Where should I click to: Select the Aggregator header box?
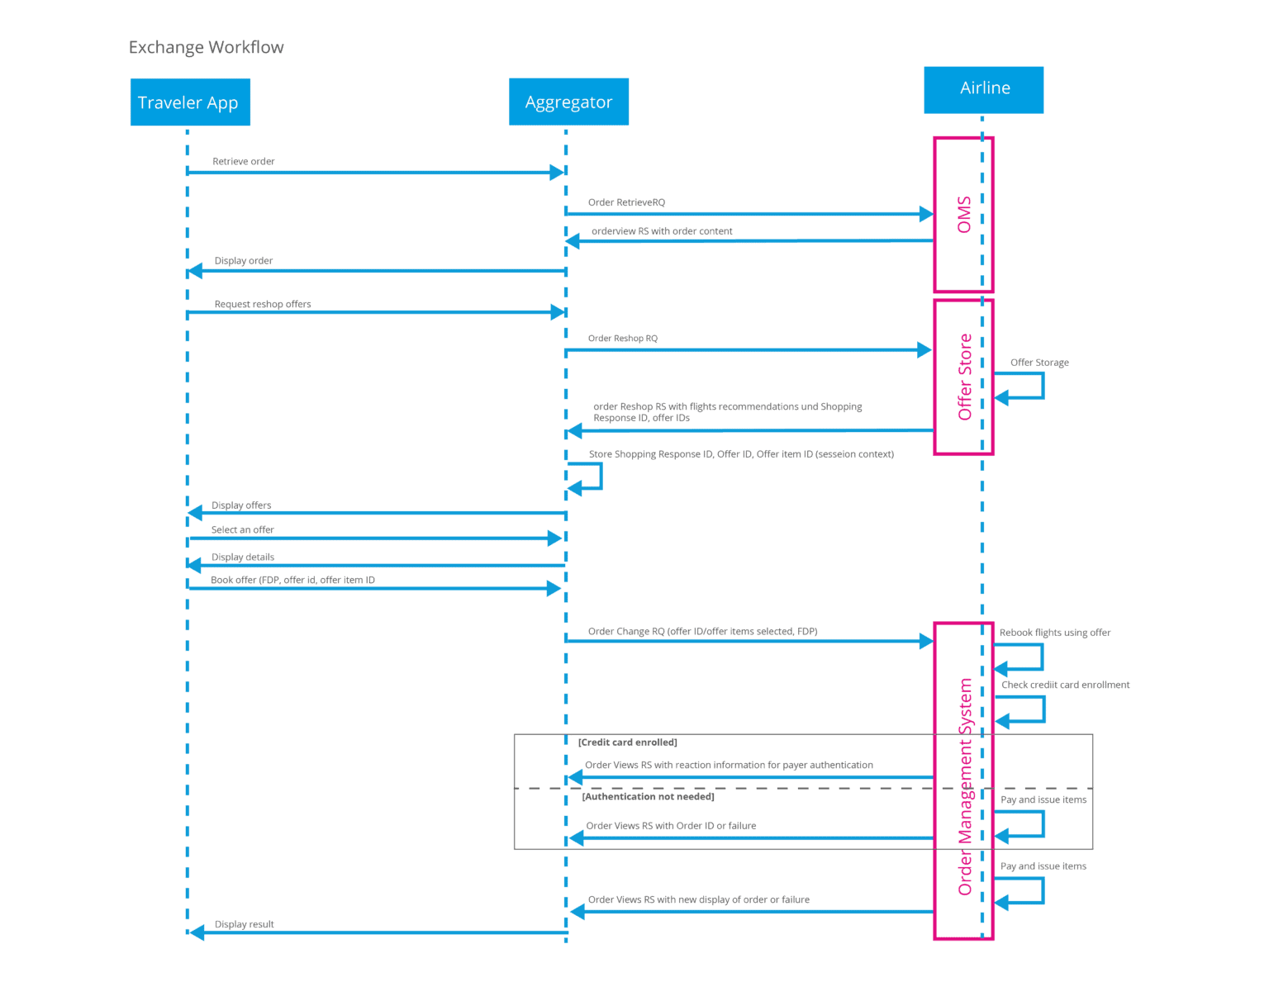[x=568, y=102]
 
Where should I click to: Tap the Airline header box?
[x=983, y=89]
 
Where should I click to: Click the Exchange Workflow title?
[x=206, y=47]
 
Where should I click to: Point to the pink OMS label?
[x=963, y=215]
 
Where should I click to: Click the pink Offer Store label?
[x=964, y=377]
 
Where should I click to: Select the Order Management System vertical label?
[x=965, y=786]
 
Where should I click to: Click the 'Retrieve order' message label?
[x=243, y=162]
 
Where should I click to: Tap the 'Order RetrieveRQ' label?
[x=626, y=202]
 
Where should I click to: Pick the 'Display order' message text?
[x=243, y=261]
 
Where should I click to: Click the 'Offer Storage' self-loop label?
[x=1039, y=363]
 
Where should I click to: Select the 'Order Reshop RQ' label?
[x=622, y=339]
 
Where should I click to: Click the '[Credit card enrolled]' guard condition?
[x=627, y=742]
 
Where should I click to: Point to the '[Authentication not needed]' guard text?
[x=648, y=797]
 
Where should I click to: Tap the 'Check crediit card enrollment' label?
[x=1065, y=685]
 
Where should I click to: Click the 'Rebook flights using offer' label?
[x=1054, y=633]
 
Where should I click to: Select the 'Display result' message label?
[x=244, y=925]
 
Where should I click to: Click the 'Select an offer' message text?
[x=242, y=530]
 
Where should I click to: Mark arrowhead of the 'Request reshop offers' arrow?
[x=558, y=312]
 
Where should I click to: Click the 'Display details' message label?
[x=242, y=557]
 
